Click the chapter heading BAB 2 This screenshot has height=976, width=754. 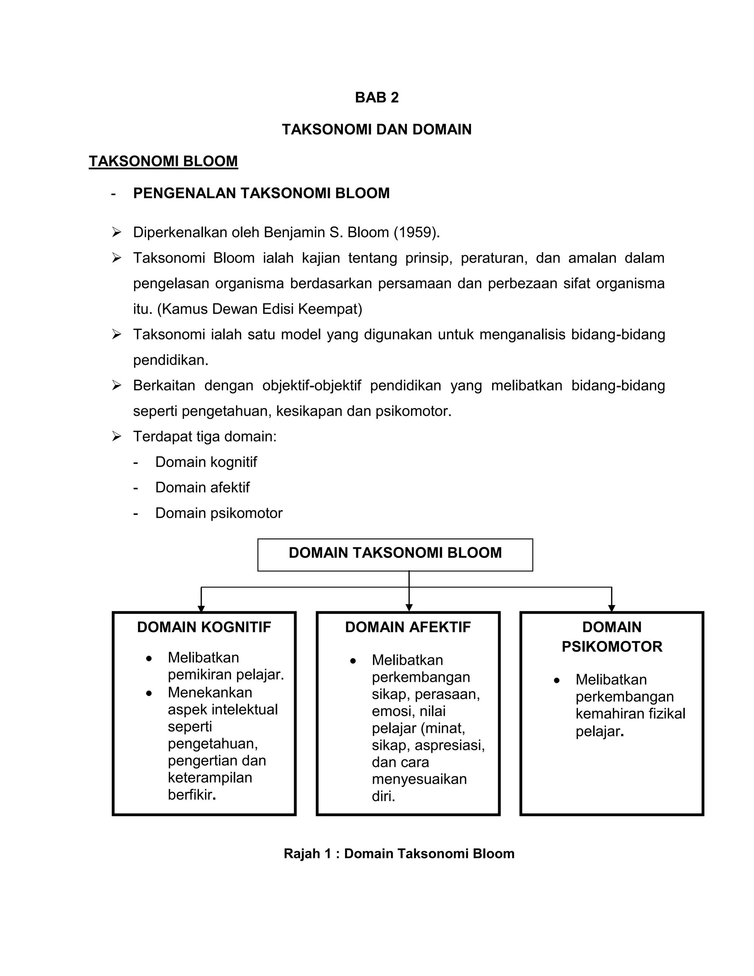pos(377,98)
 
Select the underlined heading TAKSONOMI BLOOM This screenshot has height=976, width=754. pos(163,161)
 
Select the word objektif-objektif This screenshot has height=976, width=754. pos(311,385)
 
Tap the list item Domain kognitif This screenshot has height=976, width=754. pos(206,462)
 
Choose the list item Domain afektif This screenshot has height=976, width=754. pos(202,488)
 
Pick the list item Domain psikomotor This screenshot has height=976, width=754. pos(219,513)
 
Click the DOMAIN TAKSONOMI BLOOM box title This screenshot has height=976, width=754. pos(395,553)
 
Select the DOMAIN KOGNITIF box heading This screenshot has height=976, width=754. pos(204,628)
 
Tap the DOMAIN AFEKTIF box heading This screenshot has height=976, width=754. pos(408,628)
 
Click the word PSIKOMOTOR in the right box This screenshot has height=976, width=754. pos(612,647)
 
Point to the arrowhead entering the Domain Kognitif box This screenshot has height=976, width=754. pos(201,608)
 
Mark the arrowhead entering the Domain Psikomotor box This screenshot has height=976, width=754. pos(612,608)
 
